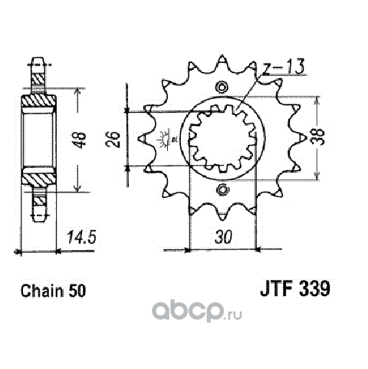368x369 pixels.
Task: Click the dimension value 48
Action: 81,140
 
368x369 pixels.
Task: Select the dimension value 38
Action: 320,137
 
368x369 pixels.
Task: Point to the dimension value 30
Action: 224,237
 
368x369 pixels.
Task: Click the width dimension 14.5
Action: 81,237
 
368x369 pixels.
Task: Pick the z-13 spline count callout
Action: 284,67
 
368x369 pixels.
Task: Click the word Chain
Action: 42,291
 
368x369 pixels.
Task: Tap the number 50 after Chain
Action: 77,291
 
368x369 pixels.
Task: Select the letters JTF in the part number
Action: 277,289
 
